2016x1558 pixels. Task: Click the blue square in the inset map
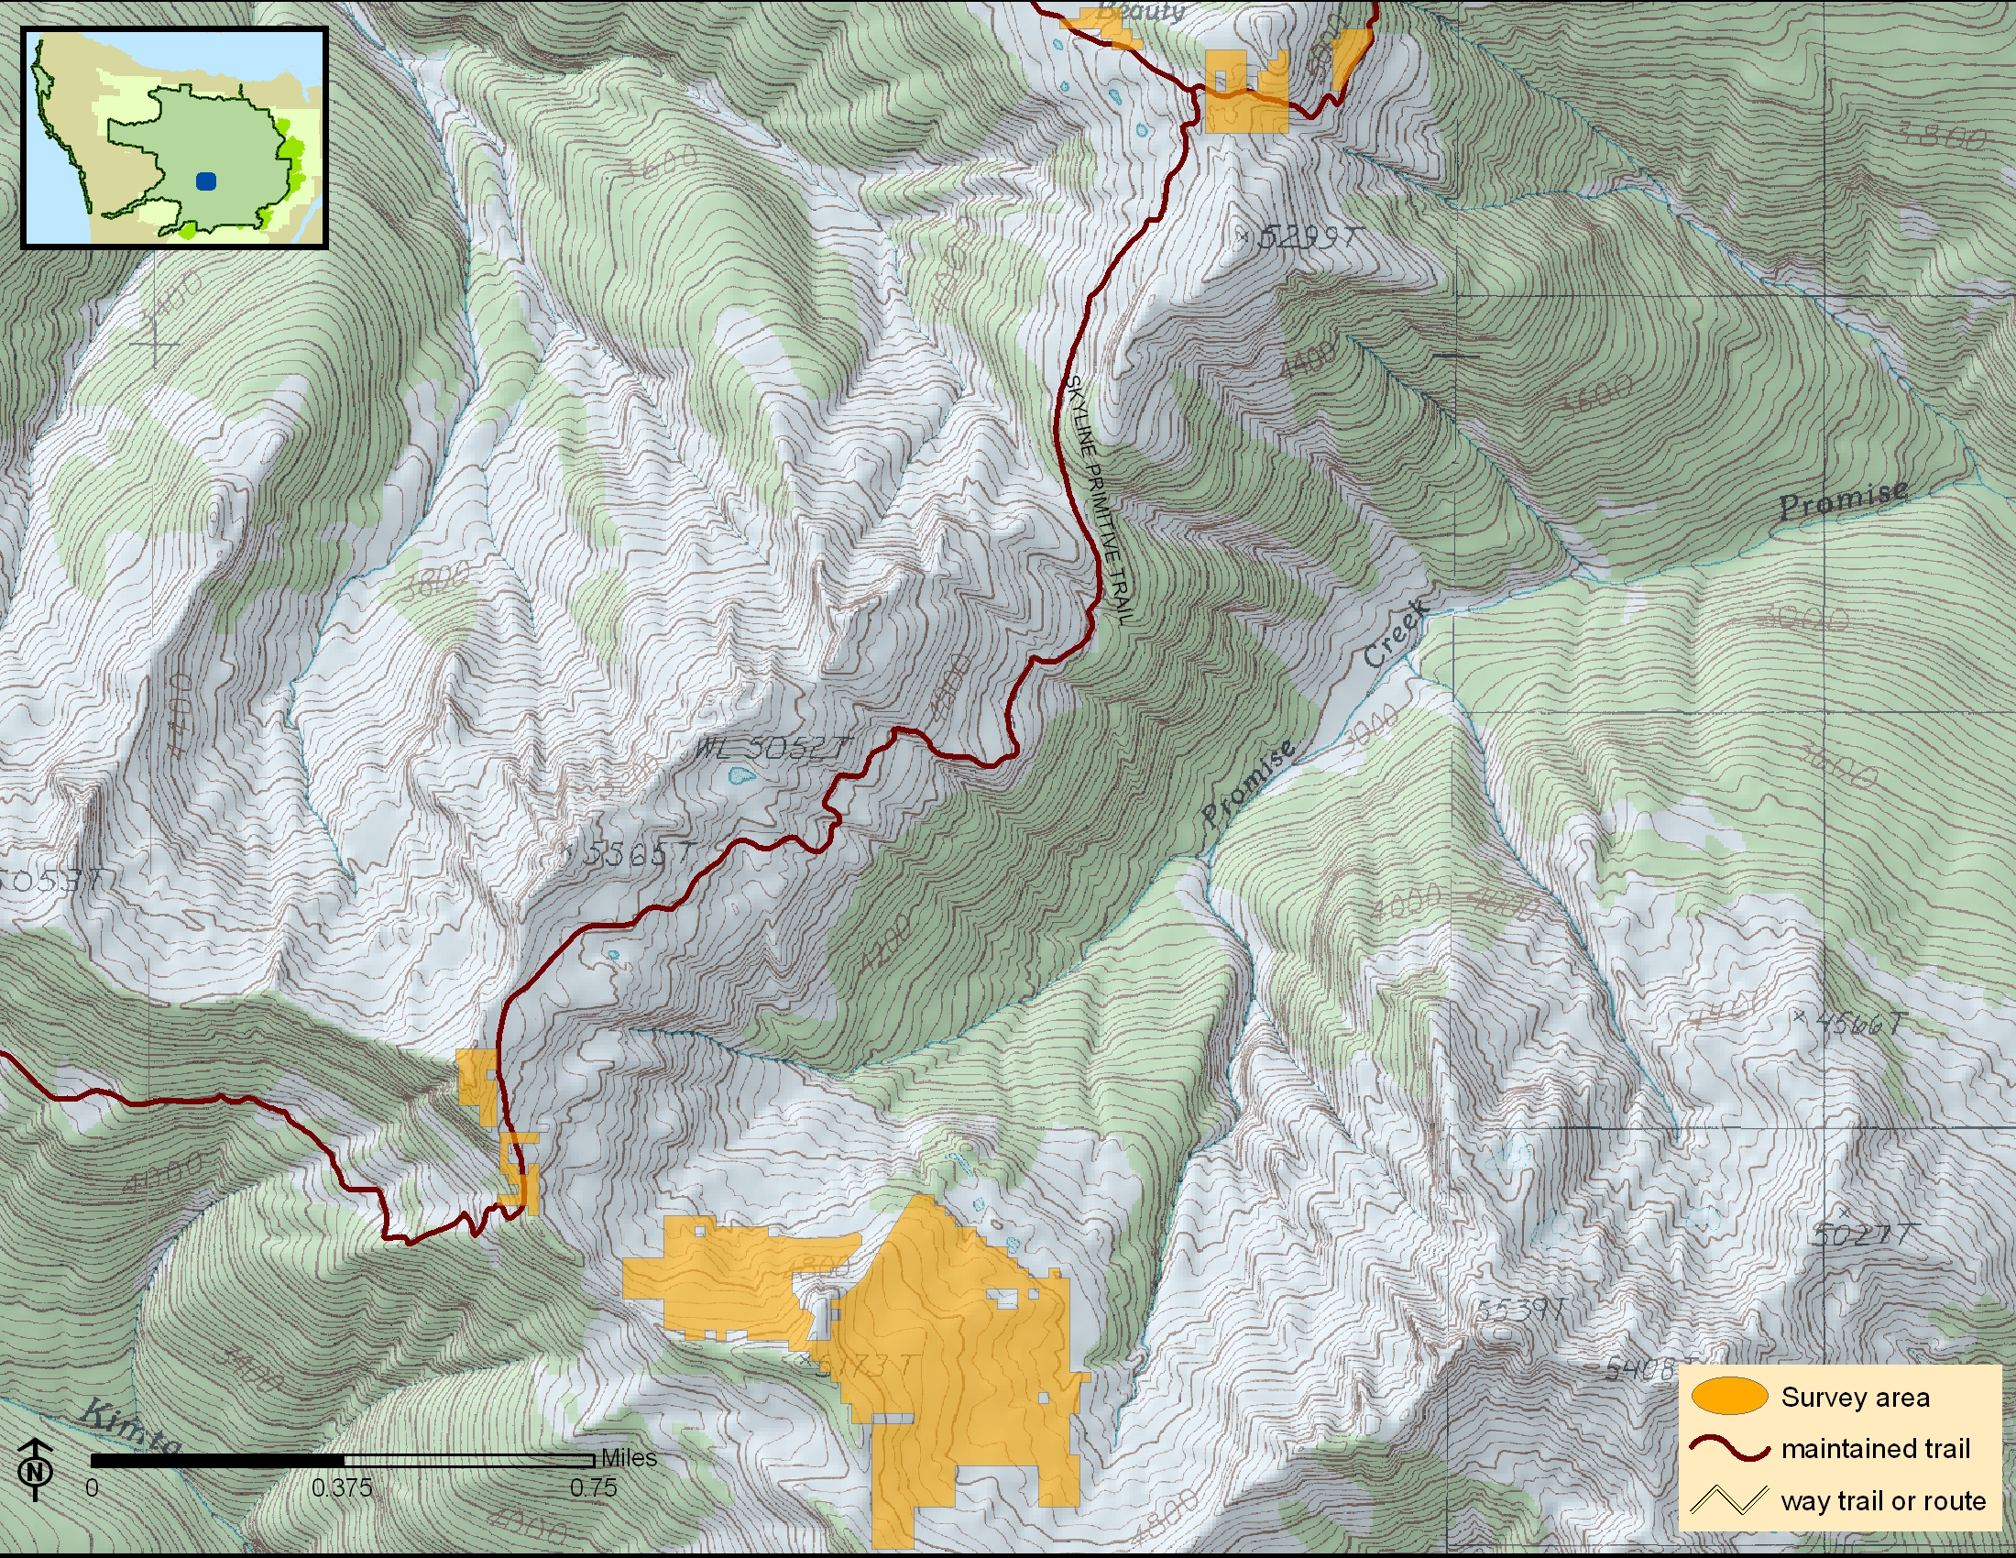coord(206,181)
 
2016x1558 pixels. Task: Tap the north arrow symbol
coord(35,1468)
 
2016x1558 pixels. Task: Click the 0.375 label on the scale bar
coord(342,1487)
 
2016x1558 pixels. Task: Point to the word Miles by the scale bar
coord(629,1457)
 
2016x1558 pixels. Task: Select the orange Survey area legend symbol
coord(1729,1397)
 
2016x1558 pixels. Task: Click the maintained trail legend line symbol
coord(1729,1448)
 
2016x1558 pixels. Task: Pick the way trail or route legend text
coord(1883,1500)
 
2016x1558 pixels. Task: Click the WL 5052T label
coord(770,748)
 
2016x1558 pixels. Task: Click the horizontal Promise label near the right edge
coord(1843,499)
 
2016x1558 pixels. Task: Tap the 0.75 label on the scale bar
coord(593,1487)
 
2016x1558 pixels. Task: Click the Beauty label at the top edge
coord(1141,11)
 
